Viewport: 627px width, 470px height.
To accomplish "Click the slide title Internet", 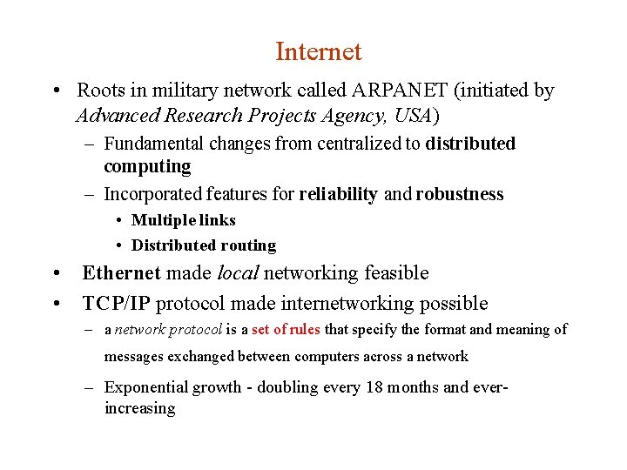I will coord(318,52).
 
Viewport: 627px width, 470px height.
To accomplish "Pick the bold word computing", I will coord(146,166).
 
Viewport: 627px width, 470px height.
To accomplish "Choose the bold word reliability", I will coord(338,194).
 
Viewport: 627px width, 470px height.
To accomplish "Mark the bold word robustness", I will coord(459,194).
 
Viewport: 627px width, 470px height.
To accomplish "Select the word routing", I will coord(248,245).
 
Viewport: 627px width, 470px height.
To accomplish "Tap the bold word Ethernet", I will coord(121,273).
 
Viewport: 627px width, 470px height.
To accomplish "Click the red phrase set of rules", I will coord(286,330).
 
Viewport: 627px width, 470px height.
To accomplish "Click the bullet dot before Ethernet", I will coord(57,273).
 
